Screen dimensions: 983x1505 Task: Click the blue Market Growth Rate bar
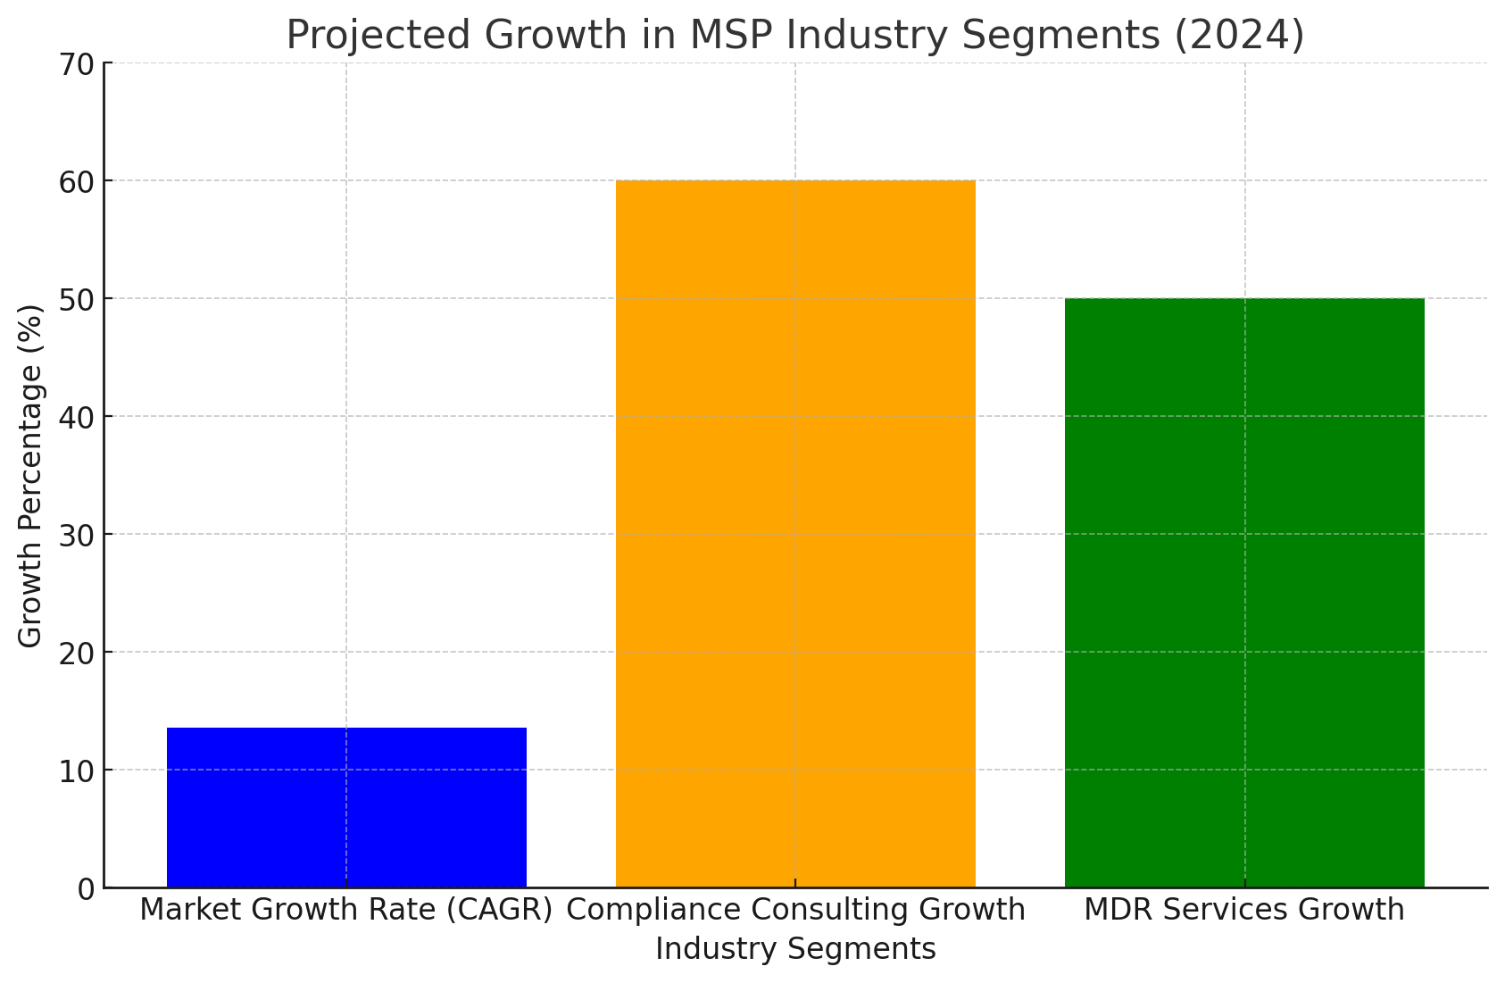(x=346, y=807)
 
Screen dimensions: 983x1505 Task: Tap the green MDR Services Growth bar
(x=1244, y=593)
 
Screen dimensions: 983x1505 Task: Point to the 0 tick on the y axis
(x=86, y=889)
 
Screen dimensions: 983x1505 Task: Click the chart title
(x=795, y=36)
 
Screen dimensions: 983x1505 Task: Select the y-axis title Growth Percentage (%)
(x=30, y=475)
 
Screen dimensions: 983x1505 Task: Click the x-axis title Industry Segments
(x=795, y=948)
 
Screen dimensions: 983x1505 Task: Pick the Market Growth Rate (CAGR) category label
(x=346, y=910)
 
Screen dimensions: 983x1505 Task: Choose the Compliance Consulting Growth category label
(x=795, y=910)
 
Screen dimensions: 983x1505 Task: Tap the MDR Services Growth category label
(x=1244, y=910)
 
